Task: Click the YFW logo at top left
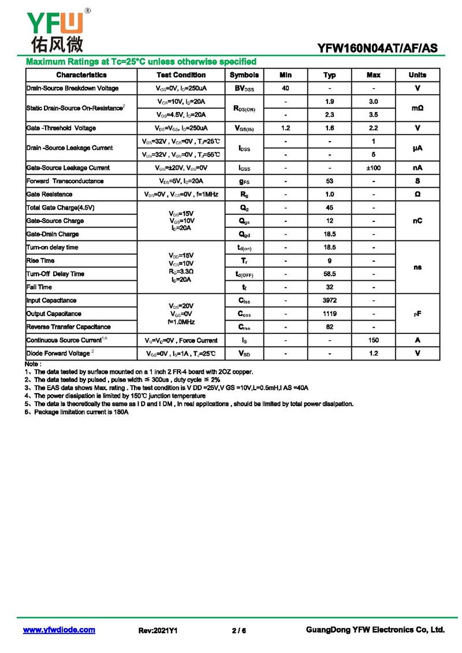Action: click(x=55, y=32)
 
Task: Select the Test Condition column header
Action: click(x=181, y=75)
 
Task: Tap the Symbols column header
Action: click(x=244, y=75)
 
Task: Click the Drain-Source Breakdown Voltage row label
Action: click(x=73, y=88)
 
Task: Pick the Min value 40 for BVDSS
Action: click(x=285, y=88)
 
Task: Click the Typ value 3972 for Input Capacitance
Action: click(x=329, y=300)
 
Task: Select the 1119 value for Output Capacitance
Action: click(x=329, y=314)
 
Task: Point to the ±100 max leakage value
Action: click(x=374, y=168)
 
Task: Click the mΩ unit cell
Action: click(x=418, y=108)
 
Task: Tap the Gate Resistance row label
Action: click(x=50, y=194)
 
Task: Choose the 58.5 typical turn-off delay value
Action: click(x=329, y=274)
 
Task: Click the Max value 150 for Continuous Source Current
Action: click(x=374, y=340)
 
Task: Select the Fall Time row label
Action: click(x=39, y=287)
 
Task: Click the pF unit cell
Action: click(x=418, y=314)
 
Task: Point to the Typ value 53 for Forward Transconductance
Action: click(x=329, y=181)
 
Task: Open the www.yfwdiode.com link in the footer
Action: click(x=59, y=630)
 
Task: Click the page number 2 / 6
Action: click(x=239, y=630)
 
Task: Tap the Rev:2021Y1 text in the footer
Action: click(x=158, y=630)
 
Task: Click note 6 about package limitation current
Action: click(x=77, y=413)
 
